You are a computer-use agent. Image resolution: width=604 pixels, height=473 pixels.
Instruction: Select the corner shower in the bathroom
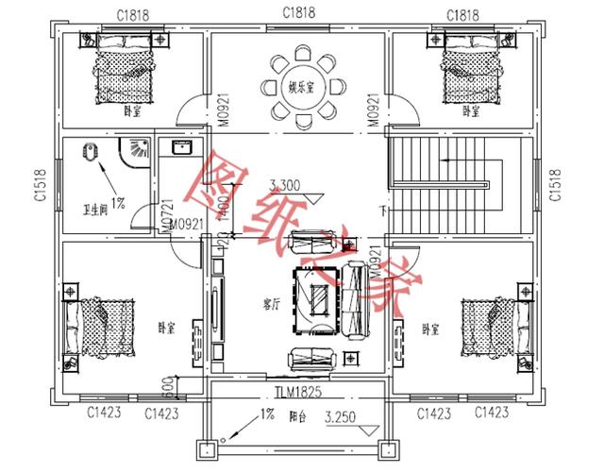(x=138, y=152)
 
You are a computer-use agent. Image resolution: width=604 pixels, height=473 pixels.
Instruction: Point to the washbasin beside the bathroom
(x=180, y=147)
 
